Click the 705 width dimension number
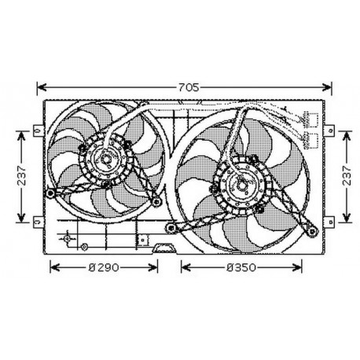coord(187,86)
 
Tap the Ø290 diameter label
coord(104,267)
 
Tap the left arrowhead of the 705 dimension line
coord(40,86)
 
